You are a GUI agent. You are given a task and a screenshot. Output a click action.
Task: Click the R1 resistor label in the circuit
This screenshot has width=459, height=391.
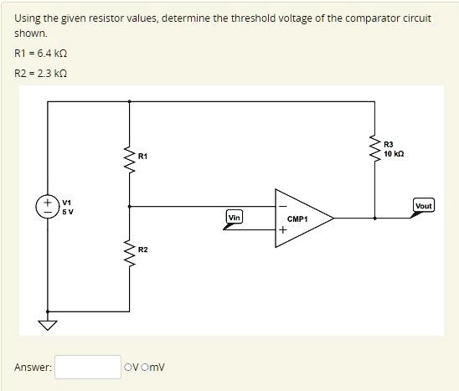(x=143, y=157)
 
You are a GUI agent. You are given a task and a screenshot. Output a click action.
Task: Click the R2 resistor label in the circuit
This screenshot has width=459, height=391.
(x=143, y=250)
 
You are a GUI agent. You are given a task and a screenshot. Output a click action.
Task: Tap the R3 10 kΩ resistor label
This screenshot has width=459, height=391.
(x=395, y=149)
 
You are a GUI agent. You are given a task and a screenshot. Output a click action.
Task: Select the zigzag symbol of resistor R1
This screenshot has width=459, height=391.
(x=129, y=156)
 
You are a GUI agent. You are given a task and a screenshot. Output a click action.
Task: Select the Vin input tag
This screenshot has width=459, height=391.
(x=234, y=218)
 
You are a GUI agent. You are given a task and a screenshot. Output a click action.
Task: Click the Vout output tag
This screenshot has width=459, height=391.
(x=423, y=206)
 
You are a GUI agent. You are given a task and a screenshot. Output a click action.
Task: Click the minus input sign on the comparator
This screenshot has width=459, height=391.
(x=283, y=204)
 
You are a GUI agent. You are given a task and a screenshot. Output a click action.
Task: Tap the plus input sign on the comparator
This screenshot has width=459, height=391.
(x=283, y=232)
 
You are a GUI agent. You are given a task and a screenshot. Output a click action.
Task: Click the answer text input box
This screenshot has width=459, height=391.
(x=88, y=367)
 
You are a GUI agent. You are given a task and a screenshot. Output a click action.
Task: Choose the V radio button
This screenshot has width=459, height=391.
(x=127, y=368)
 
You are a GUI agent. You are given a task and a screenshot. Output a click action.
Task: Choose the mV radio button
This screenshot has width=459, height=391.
(x=147, y=368)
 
